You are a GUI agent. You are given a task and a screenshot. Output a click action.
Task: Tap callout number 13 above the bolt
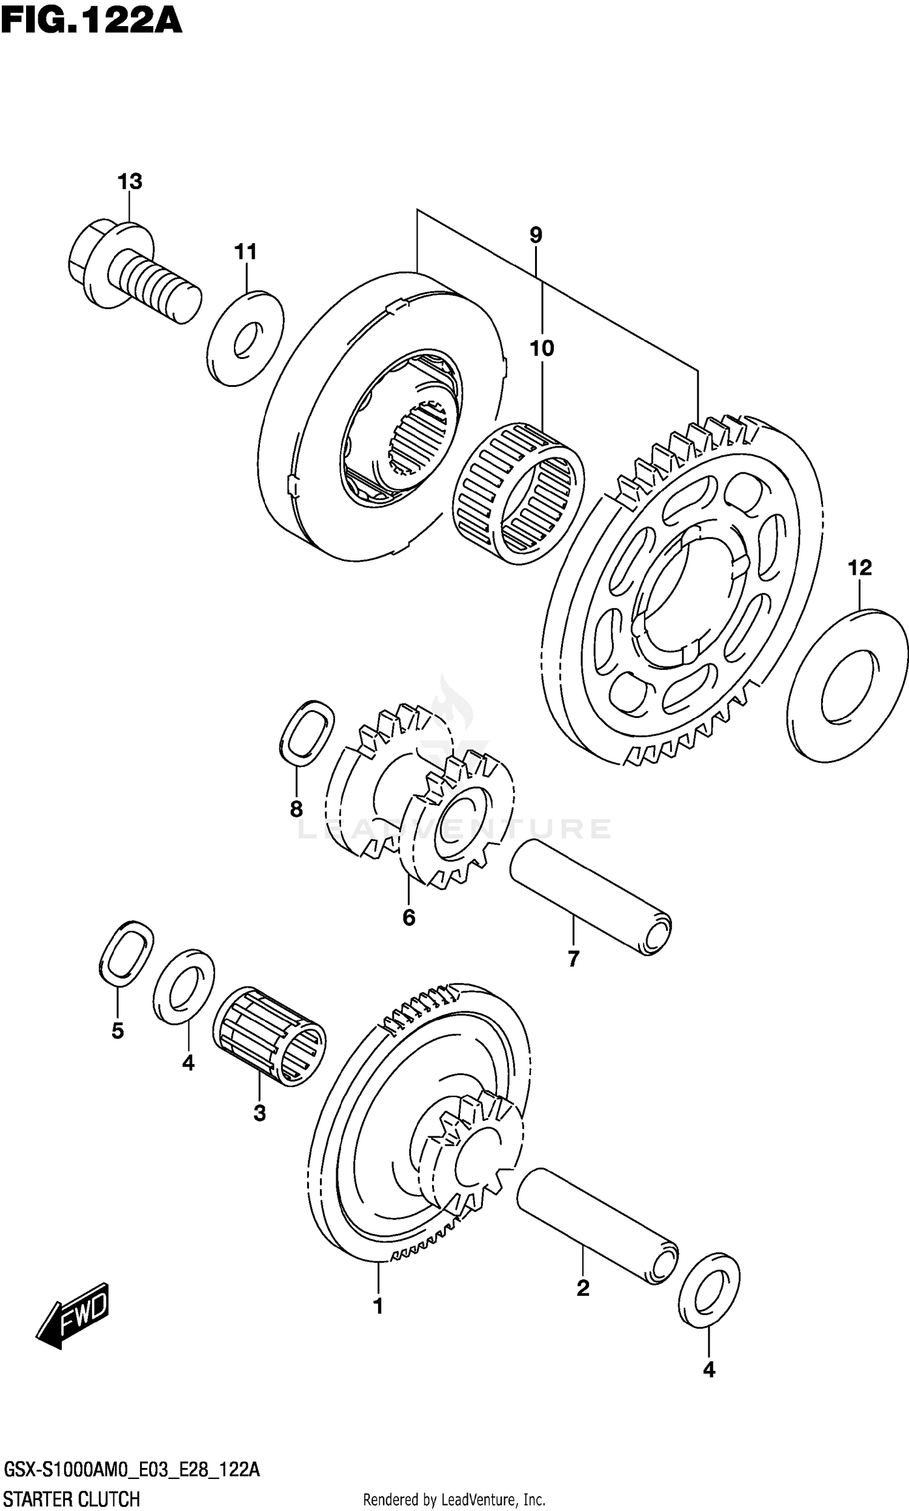coord(130,181)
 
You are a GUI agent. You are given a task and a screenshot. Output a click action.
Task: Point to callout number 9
coord(536,235)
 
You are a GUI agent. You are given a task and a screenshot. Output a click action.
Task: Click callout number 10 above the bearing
coord(542,349)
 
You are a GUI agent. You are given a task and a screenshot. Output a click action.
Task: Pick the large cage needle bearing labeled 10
coord(518,492)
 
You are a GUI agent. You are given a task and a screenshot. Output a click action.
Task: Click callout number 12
coord(859,568)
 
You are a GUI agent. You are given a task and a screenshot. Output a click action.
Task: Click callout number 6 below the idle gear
coord(408,917)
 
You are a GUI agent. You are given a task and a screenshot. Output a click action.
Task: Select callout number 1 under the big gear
coord(378,1306)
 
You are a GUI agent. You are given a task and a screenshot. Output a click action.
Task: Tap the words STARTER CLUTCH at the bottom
coord(72,1495)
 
